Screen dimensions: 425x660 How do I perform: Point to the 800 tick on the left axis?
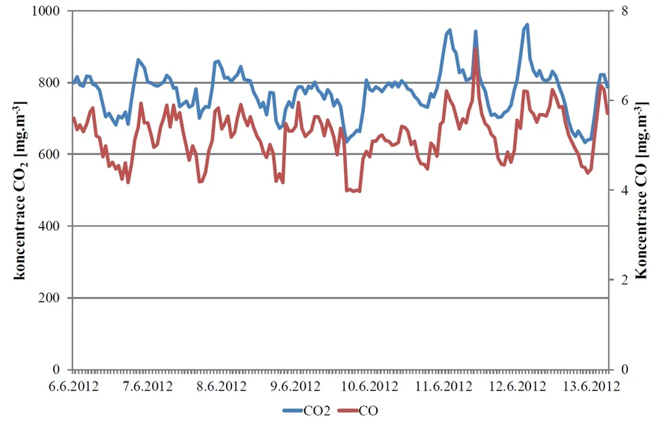click(x=54, y=83)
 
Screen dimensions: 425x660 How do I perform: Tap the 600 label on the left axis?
click(x=54, y=155)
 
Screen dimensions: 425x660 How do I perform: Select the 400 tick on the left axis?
click(x=54, y=226)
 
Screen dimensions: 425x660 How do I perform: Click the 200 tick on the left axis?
click(x=54, y=298)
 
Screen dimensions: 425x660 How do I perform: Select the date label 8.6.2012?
click(x=222, y=387)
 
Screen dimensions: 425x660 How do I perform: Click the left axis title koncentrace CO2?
click(x=16, y=191)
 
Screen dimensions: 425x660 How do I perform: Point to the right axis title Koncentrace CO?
click(x=642, y=191)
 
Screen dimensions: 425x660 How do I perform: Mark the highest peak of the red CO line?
click(x=476, y=49)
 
